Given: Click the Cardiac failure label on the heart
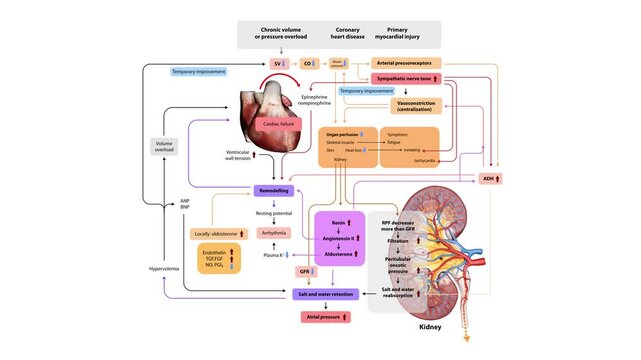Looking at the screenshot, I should click(x=279, y=123).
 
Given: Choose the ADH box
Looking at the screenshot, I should click(x=491, y=178).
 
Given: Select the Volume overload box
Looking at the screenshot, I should click(x=165, y=150).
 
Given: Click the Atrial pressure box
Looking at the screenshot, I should click(x=325, y=317).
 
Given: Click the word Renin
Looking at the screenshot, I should click(x=336, y=222).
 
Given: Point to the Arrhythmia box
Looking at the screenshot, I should click(x=277, y=233).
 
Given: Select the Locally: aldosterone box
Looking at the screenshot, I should click(x=217, y=234).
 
